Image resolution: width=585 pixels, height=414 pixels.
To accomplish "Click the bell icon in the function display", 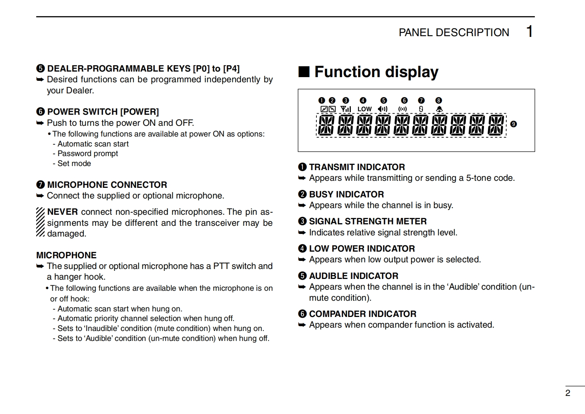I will (x=439, y=109).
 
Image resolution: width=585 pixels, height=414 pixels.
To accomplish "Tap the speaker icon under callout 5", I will (x=383, y=109).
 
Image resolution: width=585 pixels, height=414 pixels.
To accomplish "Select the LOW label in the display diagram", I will (x=364, y=109).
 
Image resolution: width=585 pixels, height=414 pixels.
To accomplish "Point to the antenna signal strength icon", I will (x=346, y=109).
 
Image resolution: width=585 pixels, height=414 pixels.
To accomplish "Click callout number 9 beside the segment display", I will (x=513, y=124).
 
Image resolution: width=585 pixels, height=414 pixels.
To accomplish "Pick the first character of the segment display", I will (x=326, y=125).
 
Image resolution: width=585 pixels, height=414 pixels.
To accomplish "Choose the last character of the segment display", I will (x=496, y=125).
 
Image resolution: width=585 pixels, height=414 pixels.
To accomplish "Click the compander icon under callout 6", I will (x=403, y=109).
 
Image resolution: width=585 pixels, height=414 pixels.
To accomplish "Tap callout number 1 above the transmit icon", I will (x=322, y=100).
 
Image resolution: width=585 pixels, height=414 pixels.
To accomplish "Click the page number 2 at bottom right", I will (x=568, y=393).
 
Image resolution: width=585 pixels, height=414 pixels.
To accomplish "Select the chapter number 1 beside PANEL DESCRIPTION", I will (x=529, y=32).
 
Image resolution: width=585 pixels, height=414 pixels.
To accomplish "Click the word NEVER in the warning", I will (x=62, y=212).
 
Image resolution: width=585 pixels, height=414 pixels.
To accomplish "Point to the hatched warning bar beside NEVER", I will (x=40, y=222).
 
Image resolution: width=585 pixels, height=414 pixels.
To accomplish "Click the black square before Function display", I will (x=304, y=72).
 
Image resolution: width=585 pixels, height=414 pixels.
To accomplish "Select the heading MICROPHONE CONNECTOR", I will (x=107, y=185).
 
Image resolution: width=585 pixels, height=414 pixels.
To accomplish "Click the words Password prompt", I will (x=88, y=153).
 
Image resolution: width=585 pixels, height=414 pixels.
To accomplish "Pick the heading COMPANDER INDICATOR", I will (x=362, y=314).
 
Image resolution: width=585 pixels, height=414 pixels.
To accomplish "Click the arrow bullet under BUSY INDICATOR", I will (x=302, y=206).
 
